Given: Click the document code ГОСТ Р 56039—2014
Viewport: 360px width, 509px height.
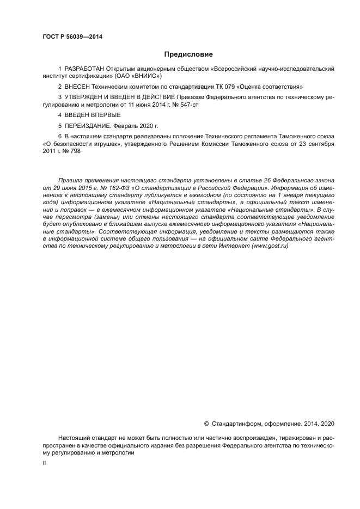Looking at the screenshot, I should coord(72,37).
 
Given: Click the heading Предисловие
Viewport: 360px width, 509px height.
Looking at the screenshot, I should coord(188,54).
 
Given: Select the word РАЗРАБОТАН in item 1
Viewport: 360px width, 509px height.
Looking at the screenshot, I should coord(83,69).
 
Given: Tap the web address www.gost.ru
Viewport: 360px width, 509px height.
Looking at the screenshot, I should coord(270,246).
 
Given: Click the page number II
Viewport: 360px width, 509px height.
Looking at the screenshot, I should coord(44,463).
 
